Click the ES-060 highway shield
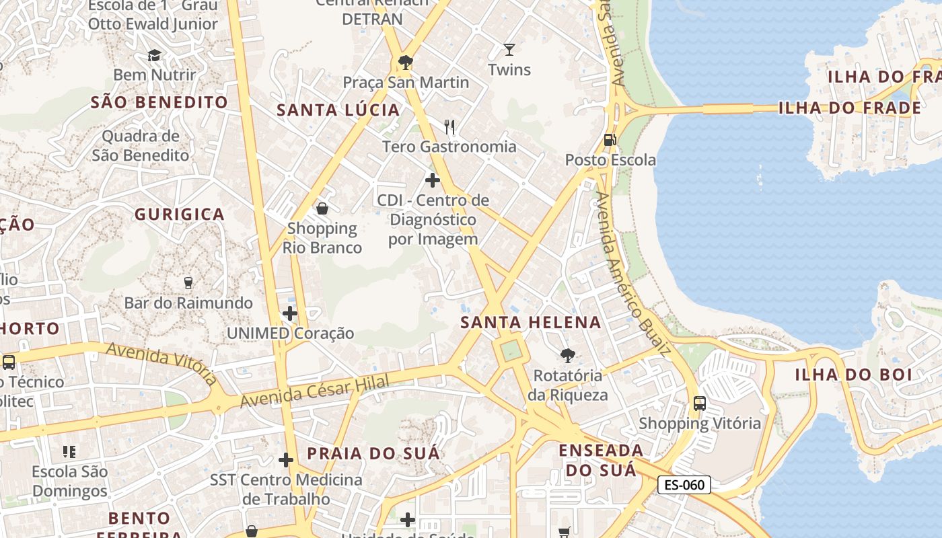[x=684, y=485]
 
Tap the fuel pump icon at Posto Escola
[x=610, y=140]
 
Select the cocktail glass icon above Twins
[x=509, y=50]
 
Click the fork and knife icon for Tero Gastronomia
[x=449, y=126]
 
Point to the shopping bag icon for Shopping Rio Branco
[x=322, y=208]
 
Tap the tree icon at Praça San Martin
[x=406, y=63]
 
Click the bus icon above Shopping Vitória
[x=700, y=403]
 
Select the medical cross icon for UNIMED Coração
[x=290, y=313]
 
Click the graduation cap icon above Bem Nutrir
[x=155, y=55]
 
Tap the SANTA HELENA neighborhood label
[x=531, y=322]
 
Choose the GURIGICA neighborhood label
[x=180, y=215]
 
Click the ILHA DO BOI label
[x=853, y=375]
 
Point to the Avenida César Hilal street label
[x=315, y=391]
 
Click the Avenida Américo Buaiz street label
[x=633, y=272]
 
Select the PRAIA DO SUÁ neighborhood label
[x=373, y=453]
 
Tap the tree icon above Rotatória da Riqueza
[x=568, y=355]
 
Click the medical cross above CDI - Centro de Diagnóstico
[x=433, y=180]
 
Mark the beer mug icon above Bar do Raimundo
[x=188, y=282]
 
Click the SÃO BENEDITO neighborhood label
[x=159, y=102]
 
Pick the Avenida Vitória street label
[x=162, y=363]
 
